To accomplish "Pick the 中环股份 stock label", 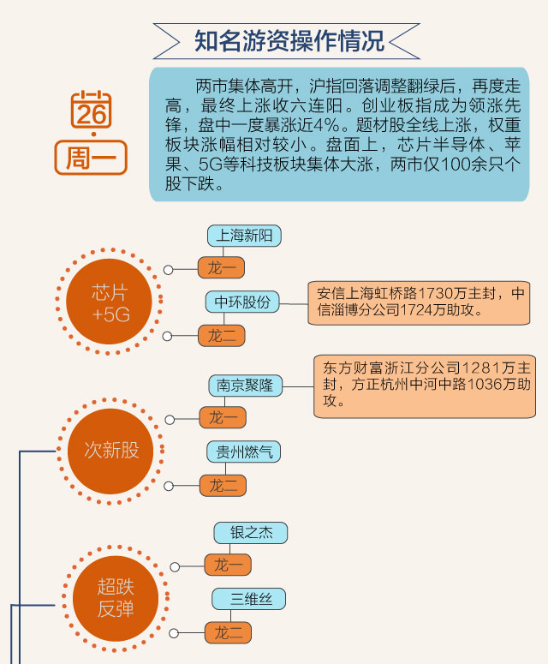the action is (242, 302).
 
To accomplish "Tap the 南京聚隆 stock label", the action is (245, 386).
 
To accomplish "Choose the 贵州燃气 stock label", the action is (244, 452).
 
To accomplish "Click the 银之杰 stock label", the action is (250, 533).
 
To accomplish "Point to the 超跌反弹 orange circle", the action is (115, 598).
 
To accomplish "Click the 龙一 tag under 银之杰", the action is (228, 565).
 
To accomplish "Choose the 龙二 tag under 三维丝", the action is (228, 633).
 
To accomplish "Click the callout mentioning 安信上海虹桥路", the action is (419, 302).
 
